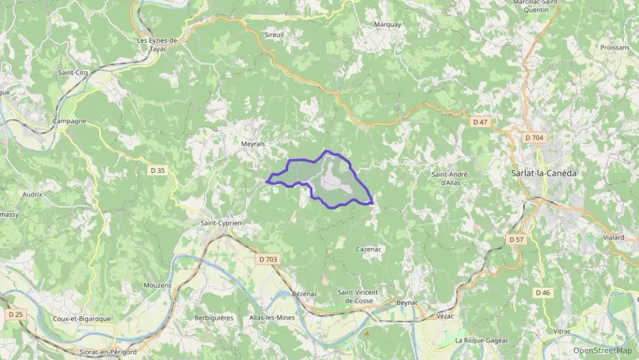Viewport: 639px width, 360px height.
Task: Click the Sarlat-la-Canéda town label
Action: pyautogui.click(x=543, y=174)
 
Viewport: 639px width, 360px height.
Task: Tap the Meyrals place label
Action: pyautogui.click(x=253, y=144)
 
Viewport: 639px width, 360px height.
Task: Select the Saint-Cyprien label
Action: pyautogui.click(x=221, y=223)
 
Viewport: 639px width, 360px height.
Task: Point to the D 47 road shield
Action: pyautogui.click(x=481, y=122)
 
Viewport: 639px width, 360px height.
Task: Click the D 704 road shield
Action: pyautogui.click(x=535, y=138)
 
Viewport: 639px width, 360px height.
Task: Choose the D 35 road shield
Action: pyautogui.click(x=158, y=170)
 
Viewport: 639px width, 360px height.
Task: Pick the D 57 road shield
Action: pyautogui.click(x=515, y=240)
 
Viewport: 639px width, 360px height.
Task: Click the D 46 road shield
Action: pyautogui.click(x=543, y=292)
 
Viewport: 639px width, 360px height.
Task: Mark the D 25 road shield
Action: pyautogui.click(x=15, y=314)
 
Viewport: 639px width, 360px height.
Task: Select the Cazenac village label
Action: pyautogui.click(x=368, y=249)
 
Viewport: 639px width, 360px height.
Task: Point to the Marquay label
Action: pyautogui.click(x=388, y=25)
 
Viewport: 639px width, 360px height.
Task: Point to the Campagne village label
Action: pyautogui.click(x=70, y=121)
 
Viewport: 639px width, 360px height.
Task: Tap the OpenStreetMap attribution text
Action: pyautogui.click(x=603, y=350)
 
